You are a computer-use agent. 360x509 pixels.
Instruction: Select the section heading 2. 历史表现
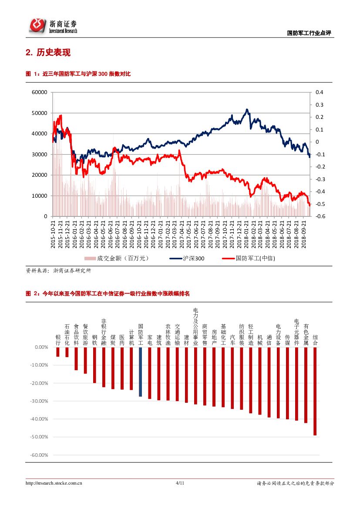(48, 53)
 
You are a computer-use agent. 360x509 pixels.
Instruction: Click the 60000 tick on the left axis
(40, 92)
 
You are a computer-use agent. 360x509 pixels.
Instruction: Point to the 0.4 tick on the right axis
(320, 92)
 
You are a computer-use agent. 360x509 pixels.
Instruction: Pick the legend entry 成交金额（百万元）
(117, 258)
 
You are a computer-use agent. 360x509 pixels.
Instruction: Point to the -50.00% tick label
(39, 437)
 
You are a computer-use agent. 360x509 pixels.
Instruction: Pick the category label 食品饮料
(76, 334)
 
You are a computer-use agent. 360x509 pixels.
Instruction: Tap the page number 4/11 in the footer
(180, 483)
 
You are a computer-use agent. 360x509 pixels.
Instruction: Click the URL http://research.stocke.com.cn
(54, 483)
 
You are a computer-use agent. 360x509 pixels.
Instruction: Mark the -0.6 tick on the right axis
(320, 216)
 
